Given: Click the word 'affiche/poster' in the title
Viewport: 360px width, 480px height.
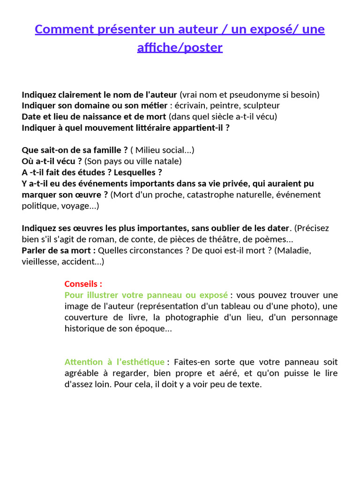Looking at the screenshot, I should (x=180, y=47).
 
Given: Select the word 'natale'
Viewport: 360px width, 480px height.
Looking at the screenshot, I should (x=168, y=161).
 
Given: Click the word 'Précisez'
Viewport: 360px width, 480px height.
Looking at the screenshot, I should (x=312, y=228).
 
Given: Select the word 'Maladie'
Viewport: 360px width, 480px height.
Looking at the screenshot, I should (x=294, y=250).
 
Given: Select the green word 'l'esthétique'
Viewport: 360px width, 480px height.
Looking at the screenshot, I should (x=141, y=362).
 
